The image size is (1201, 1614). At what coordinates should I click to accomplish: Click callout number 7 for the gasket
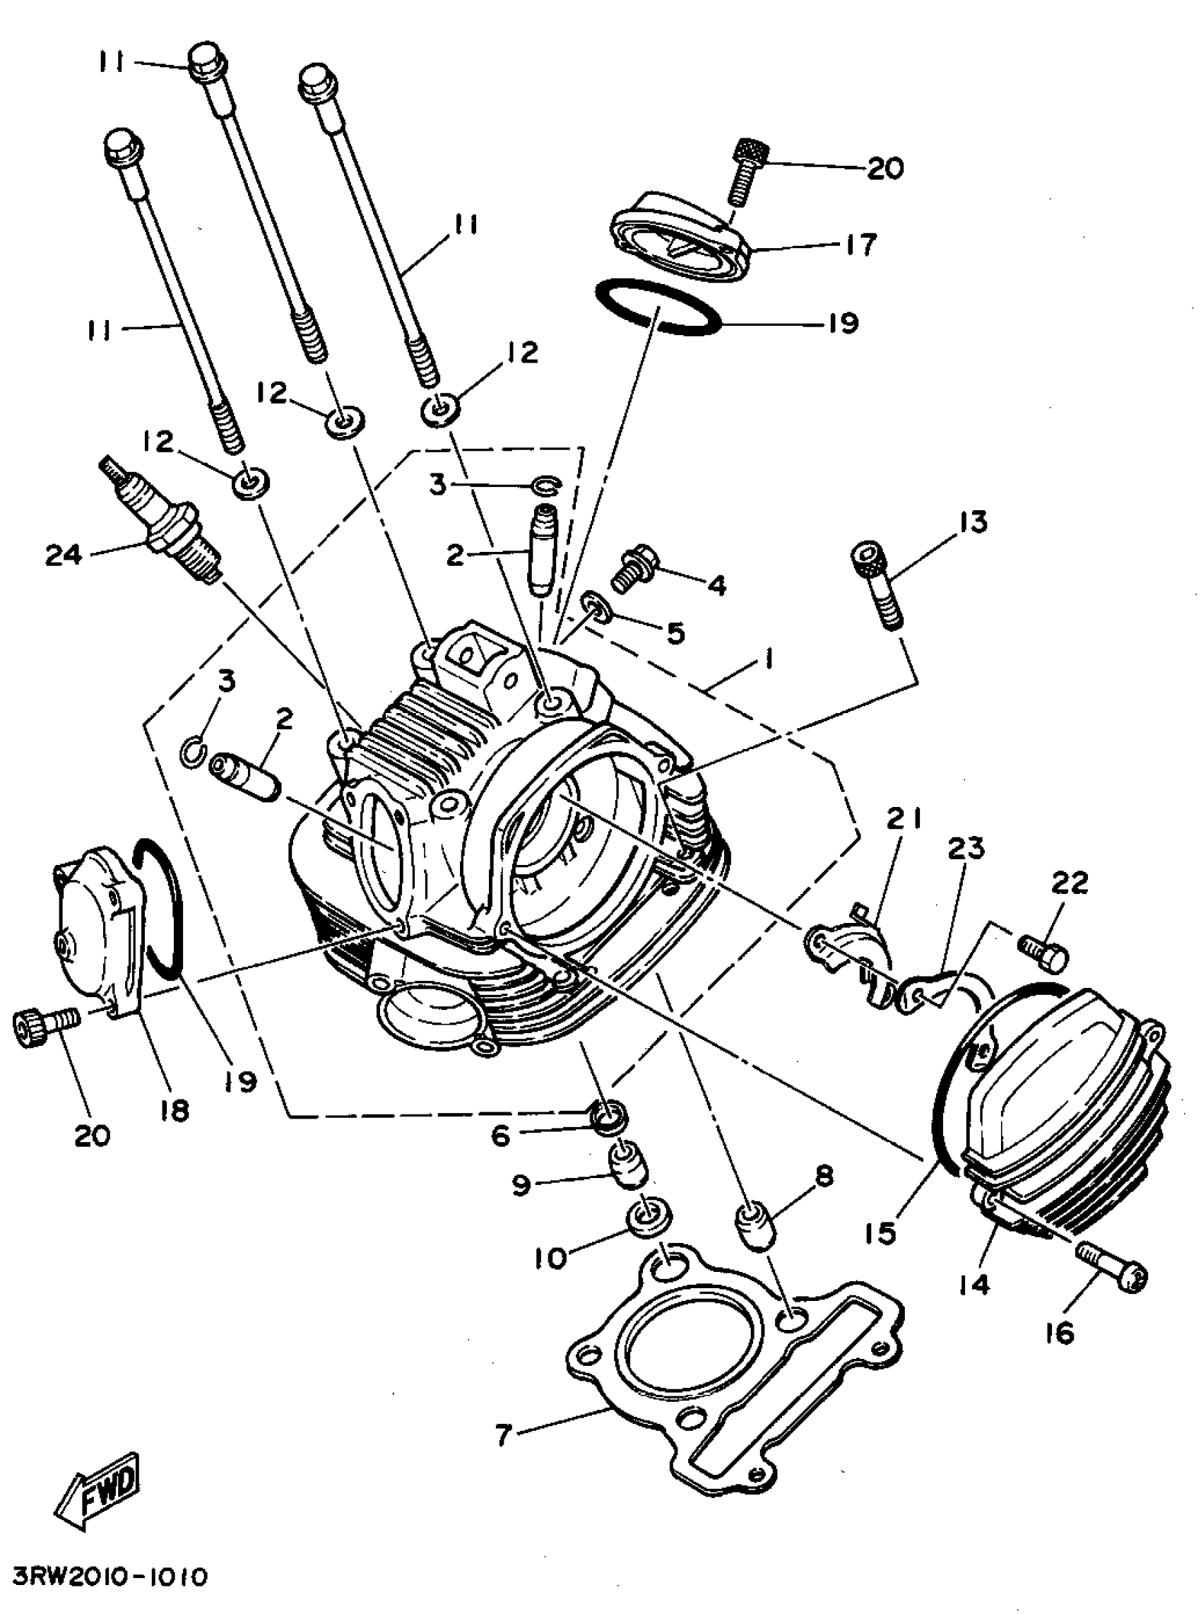point(504,1434)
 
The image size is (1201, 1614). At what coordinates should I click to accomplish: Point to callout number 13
point(972,522)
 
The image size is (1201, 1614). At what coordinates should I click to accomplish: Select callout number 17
point(860,245)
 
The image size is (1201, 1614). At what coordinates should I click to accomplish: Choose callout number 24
point(64,555)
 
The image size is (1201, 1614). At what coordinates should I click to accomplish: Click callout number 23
point(966,848)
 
